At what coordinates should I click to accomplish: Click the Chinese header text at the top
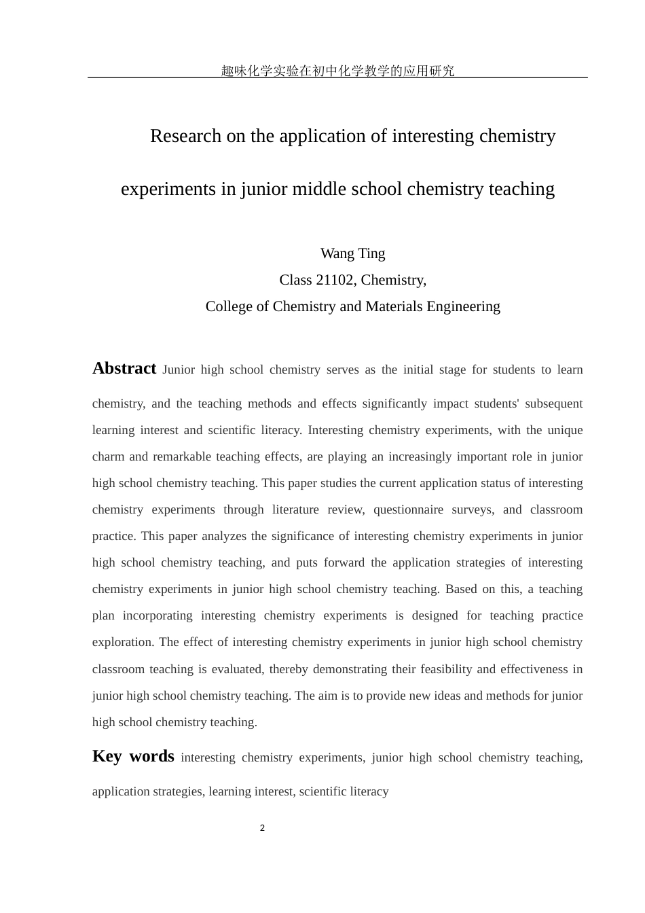click(x=337, y=71)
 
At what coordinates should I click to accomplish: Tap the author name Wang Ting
click(x=352, y=253)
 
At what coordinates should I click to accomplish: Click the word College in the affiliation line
click(x=230, y=306)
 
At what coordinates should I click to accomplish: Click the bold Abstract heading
click(x=124, y=368)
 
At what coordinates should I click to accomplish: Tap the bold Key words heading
click(x=133, y=756)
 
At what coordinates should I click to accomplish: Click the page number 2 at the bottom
click(x=262, y=828)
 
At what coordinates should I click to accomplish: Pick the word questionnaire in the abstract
click(x=408, y=509)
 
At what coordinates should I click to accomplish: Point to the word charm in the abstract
click(x=108, y=456)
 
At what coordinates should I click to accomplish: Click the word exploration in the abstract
click(x=122, y=642)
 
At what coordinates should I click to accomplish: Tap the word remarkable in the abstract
click(x=181, y=456)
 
